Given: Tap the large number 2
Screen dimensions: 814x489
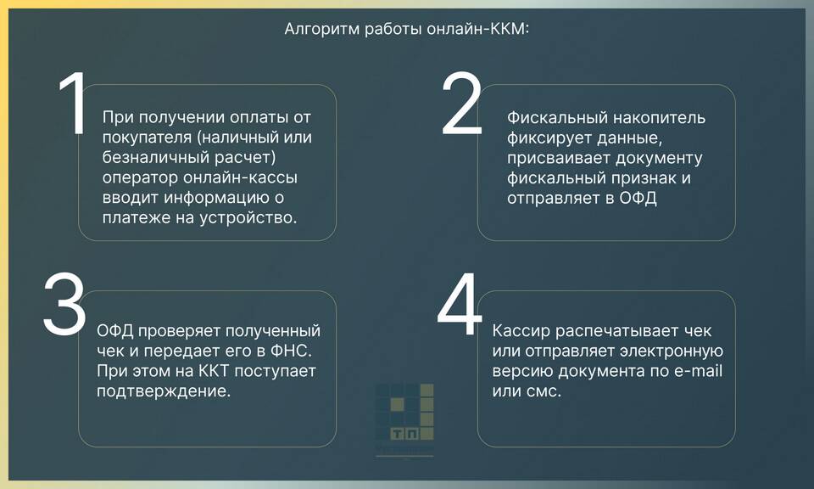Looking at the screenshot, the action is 461,104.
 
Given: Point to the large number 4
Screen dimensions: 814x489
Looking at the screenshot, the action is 460,304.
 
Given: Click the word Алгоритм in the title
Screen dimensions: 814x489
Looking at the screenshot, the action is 322,29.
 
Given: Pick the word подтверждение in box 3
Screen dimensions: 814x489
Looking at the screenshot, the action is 164,391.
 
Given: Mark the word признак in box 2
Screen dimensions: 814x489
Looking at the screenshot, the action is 644,177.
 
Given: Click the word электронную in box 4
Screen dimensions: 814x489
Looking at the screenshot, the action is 672,351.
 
